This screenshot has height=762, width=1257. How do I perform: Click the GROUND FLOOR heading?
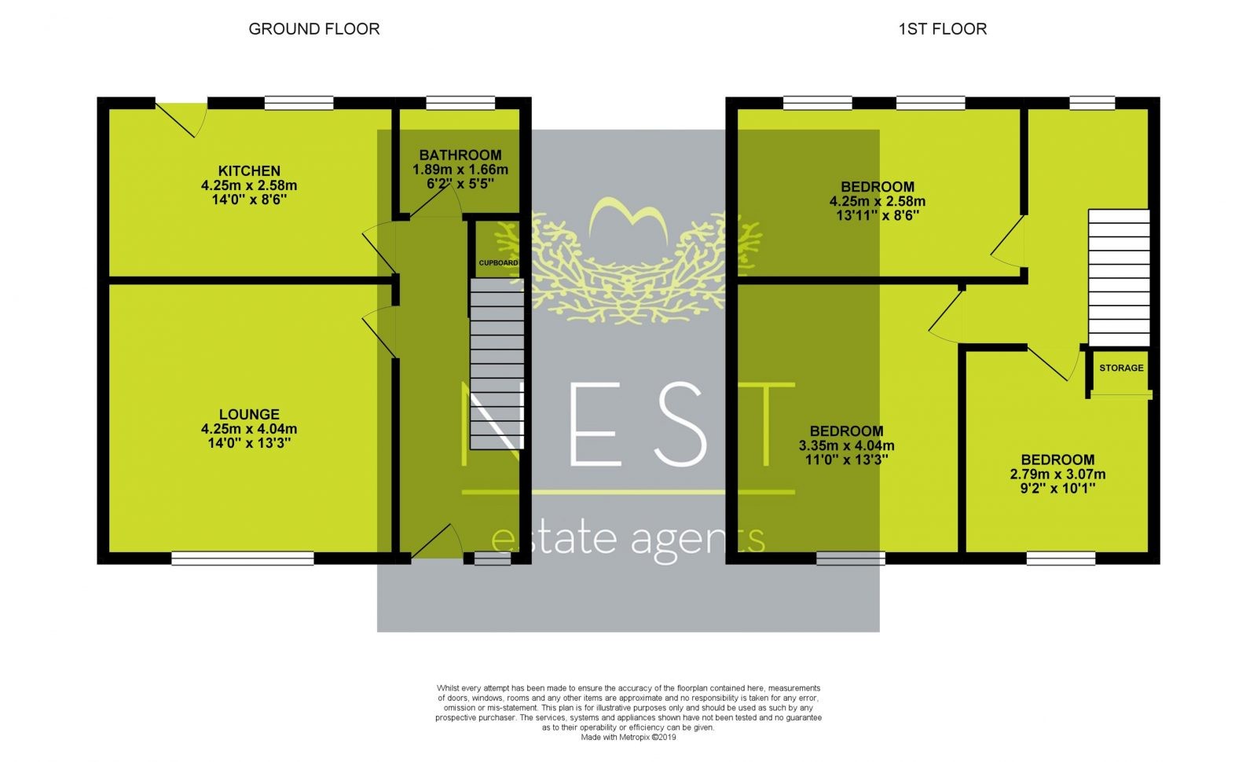pos(314,29)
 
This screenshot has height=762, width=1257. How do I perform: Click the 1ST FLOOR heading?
pos(943,29)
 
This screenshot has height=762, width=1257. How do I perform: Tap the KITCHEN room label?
pos(249,170)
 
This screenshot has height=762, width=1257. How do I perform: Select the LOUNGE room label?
pos(249,414)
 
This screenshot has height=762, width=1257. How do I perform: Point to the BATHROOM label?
pos(460,155)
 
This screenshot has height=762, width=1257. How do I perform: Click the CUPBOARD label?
pos(498,262)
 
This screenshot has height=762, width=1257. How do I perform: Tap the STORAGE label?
pos(1121,368)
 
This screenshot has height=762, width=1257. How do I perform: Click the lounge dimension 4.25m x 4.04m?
pos(249,429)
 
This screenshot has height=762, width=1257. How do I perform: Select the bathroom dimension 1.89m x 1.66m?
pos(460,170)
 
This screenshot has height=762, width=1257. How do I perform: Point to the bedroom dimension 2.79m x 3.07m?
pos(1057,474)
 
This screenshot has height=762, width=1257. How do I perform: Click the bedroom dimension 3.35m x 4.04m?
pos(846,445)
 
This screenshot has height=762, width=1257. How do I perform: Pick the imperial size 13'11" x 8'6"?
pos(878,215)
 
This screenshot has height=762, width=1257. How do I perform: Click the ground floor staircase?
pos(497,365)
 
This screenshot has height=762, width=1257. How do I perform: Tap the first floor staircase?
pos(1119,278)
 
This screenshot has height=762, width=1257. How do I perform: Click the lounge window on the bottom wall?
pos(243,559)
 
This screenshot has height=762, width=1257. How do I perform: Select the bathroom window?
pos(460,103)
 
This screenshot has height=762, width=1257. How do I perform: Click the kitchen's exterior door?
pos(181,119)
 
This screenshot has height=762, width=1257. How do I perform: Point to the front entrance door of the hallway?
pos(437,542)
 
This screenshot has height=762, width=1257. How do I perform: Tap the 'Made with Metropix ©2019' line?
pos(628,738)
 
